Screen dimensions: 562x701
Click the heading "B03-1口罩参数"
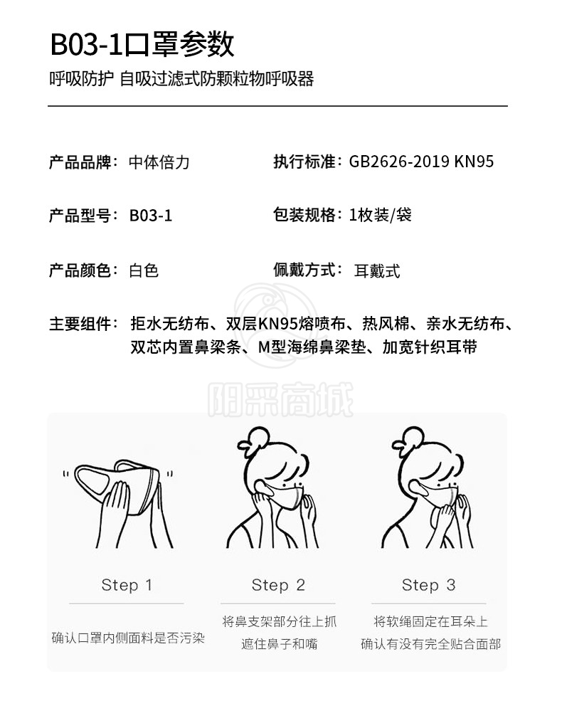(142, 44)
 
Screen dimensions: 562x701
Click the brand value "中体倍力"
(159, 162)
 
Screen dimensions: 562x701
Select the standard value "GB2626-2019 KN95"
(421, 162)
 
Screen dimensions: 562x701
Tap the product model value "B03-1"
(151, 216)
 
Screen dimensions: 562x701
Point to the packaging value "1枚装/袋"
(380, 215)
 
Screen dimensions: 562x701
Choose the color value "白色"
(144, 270)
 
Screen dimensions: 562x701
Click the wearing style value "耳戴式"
(377, 271)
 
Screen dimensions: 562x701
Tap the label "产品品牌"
(80, 162)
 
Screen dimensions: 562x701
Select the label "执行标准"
(304, 162)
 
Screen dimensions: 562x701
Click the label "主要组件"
(80, 324)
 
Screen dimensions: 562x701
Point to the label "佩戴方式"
(304, 270)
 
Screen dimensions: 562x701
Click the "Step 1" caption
(127, 585)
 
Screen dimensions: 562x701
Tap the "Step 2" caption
(278, 585)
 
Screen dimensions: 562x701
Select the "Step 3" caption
(429, 585)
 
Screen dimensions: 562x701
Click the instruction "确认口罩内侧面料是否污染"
(128, 638)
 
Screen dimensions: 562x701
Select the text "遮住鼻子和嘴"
(279, 644)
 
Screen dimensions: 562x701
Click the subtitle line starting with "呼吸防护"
(181, 79)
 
